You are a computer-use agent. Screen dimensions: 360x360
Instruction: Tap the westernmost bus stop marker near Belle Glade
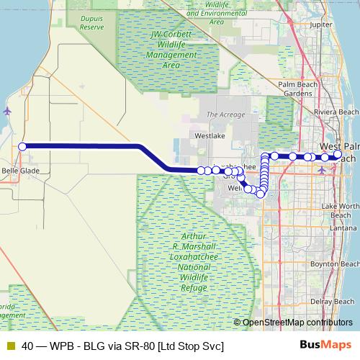tap(22, 146)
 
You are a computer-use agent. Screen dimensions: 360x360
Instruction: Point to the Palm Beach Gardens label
tap(297, 89)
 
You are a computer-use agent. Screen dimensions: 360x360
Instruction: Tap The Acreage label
tap(225, 114)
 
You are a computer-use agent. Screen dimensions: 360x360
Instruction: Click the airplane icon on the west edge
tap(8, 111)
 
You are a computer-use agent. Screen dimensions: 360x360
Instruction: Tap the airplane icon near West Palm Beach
tap(321, 170)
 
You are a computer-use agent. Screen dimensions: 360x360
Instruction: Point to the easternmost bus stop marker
tap(338, 155)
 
